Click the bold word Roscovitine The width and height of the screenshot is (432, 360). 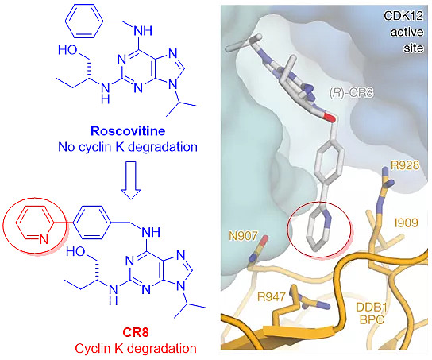click(128, 131)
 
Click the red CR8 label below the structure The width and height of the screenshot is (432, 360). click(136, 332)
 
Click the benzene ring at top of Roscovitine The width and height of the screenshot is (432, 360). click(83, 21)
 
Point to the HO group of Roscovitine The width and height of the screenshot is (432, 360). click(67, 50)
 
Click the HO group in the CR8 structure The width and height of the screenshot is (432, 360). click(75, 251)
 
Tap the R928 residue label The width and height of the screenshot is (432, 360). click(405, 165)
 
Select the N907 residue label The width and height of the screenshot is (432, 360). click(243, 236)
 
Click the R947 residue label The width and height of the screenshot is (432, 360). click(271, 297)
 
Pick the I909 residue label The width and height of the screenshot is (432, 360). click(406, 223)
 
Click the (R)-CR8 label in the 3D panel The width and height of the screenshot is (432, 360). click(351, 93)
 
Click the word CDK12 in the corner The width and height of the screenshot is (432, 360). click(403, 16)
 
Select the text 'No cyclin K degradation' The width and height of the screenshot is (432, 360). click(128, 147)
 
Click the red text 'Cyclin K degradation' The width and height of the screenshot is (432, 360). click(136, 349)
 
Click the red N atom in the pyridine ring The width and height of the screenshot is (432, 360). click(44, 239)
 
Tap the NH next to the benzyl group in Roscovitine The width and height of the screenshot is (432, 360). click(143, 31)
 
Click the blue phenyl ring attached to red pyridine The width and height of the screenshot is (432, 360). click(92, 223)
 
